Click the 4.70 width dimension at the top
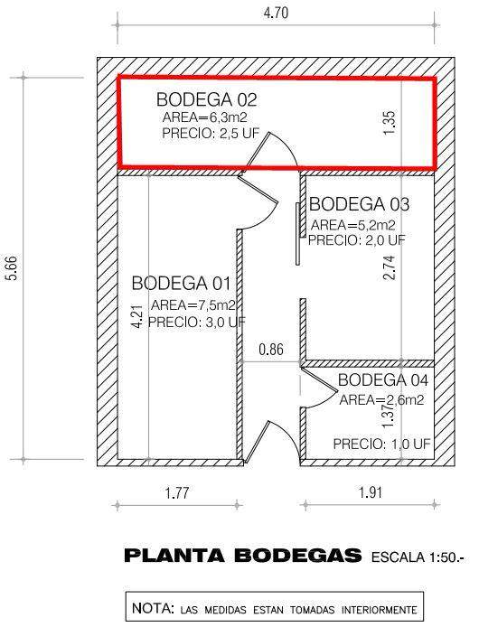[276, 14]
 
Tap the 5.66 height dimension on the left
[13, 268]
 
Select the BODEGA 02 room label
[206, 99]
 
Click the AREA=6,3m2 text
[204, 117]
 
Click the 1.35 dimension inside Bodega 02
[390, 123]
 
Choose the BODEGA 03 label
[360, 204]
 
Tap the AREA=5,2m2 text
[353, 225]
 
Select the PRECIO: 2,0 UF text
[357, 240]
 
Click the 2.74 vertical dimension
[390, 267]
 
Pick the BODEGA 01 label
[182, 284]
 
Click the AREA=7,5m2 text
[193, 305]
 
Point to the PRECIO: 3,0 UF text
[197, 322]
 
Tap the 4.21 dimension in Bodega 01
[137, 317]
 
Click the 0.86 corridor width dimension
[271, 350]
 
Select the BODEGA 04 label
[383, 379]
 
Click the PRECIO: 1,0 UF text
[381, 444]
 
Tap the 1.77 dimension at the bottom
[177, 492]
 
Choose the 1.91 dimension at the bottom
[371, 492]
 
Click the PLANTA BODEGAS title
[243, 556]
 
